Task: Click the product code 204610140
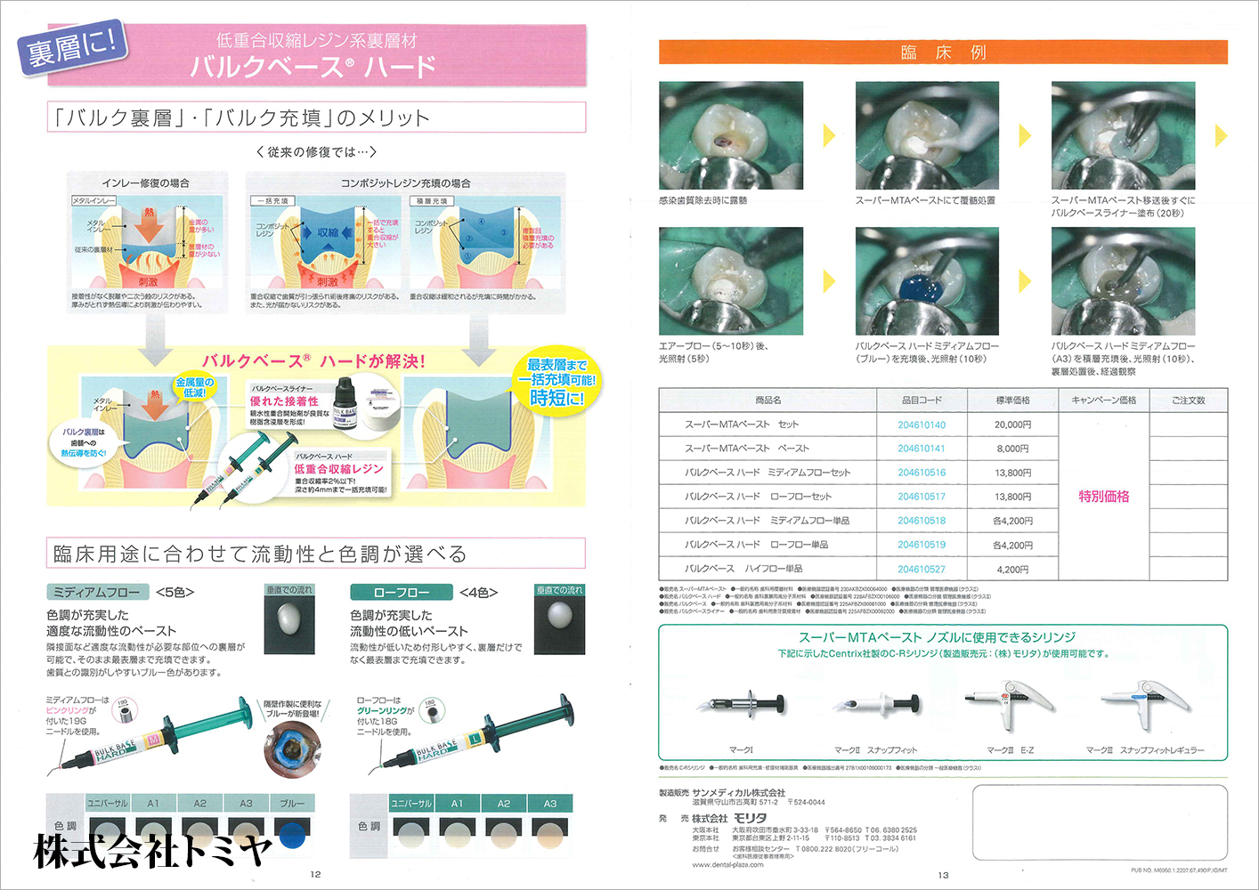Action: tap(922, 425)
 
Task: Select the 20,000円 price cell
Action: tap(1012, 425)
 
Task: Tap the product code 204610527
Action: tap(922, 569)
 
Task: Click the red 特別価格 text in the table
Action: tap(1103, 497)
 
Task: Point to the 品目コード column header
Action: tap(922, 400)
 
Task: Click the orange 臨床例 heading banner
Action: tap(943, 53)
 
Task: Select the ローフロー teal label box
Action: tap(401, 592)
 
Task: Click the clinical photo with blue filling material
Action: tap(927, 281)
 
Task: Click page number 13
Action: tap(943, 875)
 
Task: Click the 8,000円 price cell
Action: tap(1012, 449)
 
